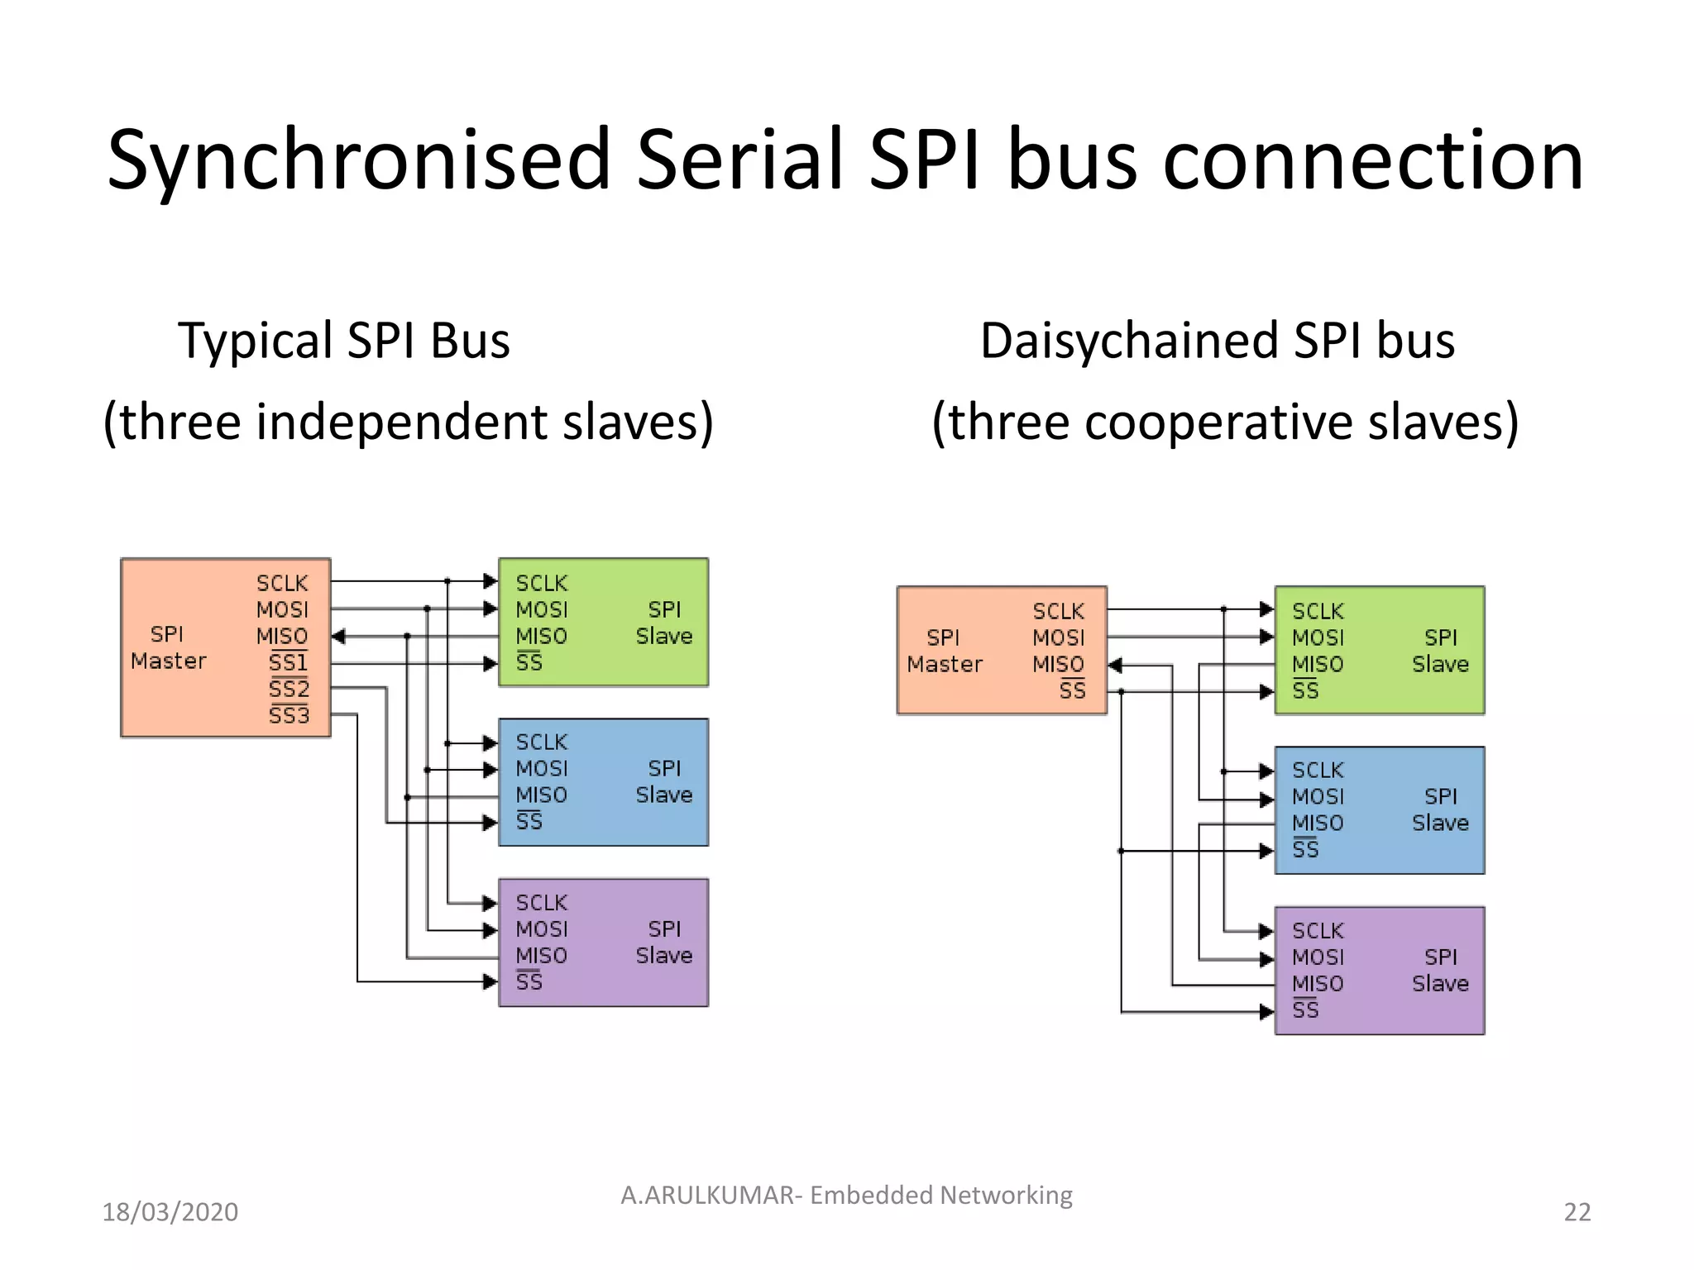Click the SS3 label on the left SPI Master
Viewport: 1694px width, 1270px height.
[289, 715]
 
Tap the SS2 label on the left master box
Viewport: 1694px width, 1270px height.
[289, 689]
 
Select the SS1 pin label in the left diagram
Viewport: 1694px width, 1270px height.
[288, 662]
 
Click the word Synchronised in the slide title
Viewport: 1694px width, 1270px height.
[358, 161]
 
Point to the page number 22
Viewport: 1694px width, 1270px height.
[1577, 1212]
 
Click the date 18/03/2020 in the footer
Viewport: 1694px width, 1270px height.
[170, 1212]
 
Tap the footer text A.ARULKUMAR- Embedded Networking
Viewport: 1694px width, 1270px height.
[846, 1195]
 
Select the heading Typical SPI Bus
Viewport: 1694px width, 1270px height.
[344, 340]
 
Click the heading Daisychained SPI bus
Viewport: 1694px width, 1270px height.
[1217, 340]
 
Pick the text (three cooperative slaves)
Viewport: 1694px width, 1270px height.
[1225, 422]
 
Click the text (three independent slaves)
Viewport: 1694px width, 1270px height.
[408, 422]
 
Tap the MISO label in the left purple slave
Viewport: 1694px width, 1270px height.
[541, 956]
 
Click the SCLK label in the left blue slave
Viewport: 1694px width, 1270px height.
[541, 742]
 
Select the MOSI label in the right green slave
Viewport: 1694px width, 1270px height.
[1318, 638]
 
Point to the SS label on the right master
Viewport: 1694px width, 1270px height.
[1072, 690]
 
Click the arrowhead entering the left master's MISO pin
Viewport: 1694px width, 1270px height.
[337, 637]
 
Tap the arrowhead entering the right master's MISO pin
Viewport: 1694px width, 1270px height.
[1114, 665]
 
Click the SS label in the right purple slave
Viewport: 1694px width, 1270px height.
[1305, 1010]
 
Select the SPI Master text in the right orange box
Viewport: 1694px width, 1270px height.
[944, 651]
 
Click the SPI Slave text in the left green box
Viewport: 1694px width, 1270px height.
[663, 623]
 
